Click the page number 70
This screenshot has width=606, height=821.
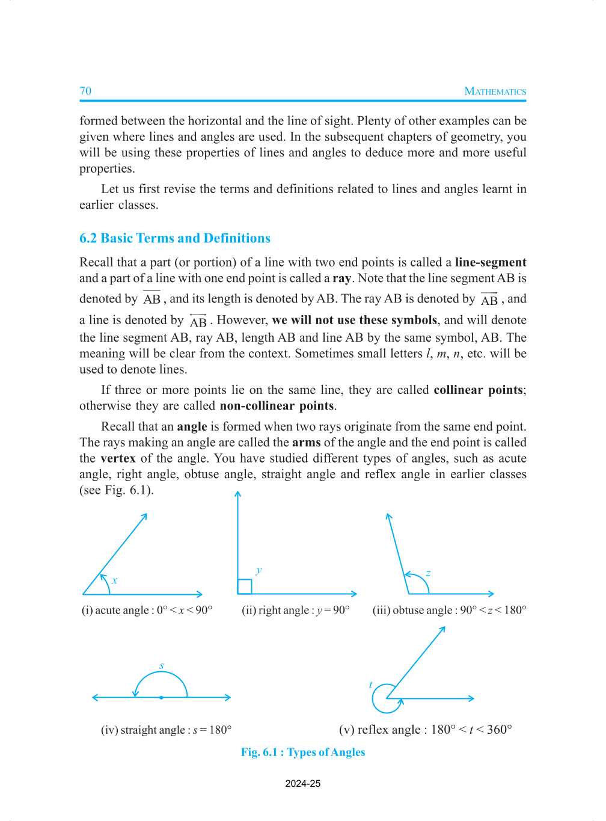[85, 91]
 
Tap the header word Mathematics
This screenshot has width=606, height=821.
[495, 91]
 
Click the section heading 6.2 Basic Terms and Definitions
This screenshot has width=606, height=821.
[175, 238]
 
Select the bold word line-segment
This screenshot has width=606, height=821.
[490, 262]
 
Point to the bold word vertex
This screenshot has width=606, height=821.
[118, 458]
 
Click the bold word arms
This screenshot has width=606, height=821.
[306, 443]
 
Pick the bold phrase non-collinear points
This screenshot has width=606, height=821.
[277, 406]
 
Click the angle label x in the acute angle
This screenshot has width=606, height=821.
[114, 580]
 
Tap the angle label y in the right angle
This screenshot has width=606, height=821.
[259, 570]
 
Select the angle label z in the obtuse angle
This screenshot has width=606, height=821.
[428, 573]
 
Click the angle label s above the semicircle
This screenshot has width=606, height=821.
[162, 665]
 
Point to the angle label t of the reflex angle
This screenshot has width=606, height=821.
[370, 684]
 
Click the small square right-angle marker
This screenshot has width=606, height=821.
[245, 586]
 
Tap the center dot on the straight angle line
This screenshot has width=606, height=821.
[161, 698]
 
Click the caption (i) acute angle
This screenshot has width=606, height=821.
[147, 610]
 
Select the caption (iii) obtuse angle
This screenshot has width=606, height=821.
[449, 610]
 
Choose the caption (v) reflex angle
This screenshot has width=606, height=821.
[425, 730]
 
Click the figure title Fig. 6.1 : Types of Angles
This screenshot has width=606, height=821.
[303, 752]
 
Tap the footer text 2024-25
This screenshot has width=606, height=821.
[303, 784]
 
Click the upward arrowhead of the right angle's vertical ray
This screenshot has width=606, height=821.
[238, 494]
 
